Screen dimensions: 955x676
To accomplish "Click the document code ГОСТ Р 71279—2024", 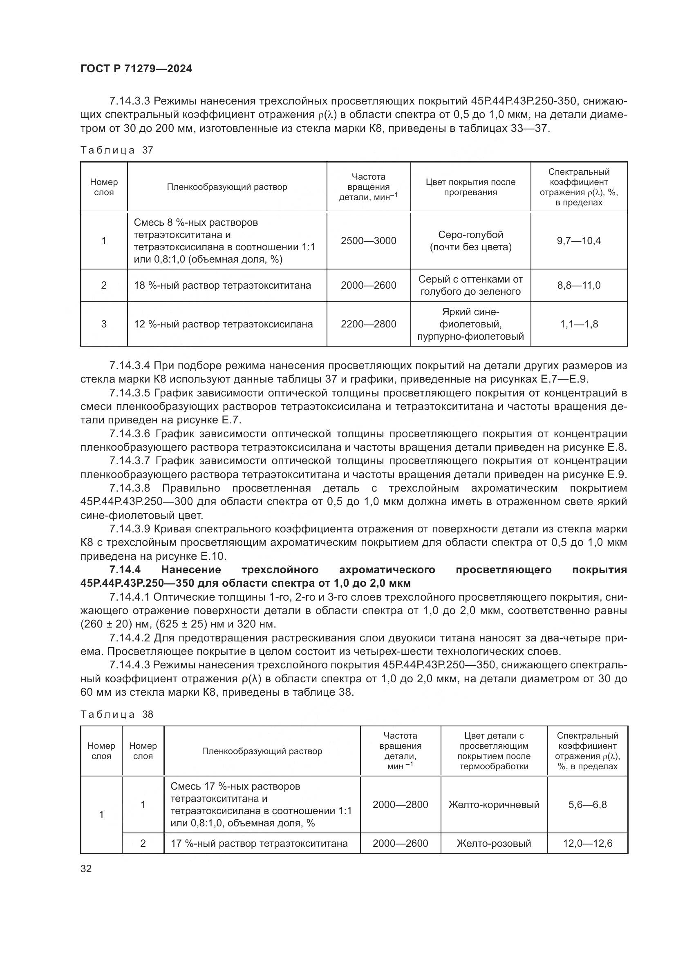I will point(136,69).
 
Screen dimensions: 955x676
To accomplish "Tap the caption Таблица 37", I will point(117,150).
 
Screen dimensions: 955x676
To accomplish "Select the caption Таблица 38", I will point(117,715).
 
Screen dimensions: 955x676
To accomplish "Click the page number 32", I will point(86,868).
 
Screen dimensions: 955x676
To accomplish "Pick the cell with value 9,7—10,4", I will point(579,241).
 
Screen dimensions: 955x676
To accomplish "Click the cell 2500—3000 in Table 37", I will point(368,241).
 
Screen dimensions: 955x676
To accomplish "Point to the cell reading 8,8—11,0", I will point(579,285).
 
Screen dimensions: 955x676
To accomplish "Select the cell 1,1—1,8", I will point(579,324).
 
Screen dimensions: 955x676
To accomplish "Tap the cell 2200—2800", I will point(368,324).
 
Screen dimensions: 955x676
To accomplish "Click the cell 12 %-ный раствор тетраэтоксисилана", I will point(223,324).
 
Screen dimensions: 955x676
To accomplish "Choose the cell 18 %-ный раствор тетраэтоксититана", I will point(222,285).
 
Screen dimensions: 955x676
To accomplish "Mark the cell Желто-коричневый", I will point(494,804).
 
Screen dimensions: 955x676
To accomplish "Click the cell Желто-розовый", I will point(494,844).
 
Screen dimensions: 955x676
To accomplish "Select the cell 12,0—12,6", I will point(587,844).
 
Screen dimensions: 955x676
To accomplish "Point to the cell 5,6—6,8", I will point(587,804).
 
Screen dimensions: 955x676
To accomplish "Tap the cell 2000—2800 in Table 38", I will point(400,804).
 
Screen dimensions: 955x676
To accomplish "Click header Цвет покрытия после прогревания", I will point(470,187).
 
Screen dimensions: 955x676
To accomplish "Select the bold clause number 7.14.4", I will point(125,570).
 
